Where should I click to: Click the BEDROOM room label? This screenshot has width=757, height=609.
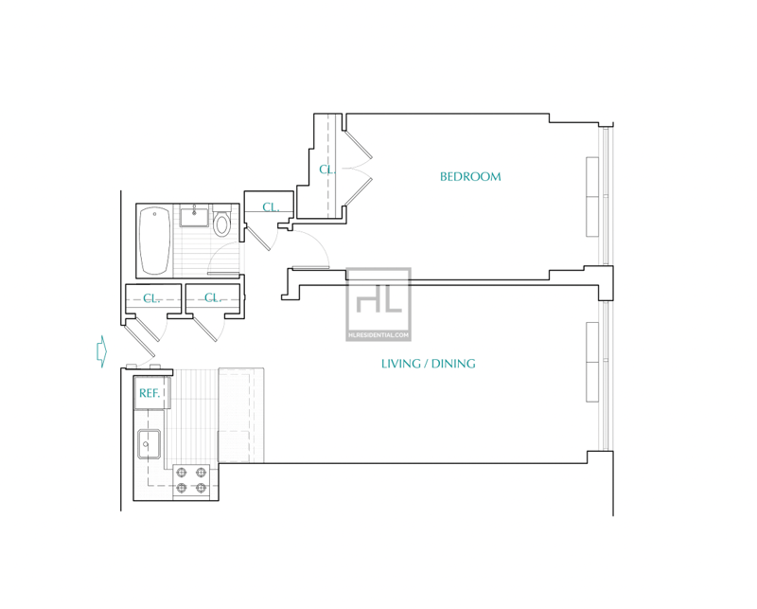470,177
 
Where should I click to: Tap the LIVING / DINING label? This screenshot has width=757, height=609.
429,364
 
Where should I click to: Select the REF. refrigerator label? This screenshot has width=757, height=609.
150,393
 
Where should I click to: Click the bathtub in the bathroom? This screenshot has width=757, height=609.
155,241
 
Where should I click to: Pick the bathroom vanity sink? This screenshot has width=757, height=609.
194,217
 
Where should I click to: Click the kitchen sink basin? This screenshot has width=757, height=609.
150,443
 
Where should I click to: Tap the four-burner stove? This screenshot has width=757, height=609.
191,480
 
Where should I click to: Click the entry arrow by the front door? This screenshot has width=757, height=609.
101,350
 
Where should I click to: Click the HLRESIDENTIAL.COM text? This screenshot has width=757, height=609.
378,335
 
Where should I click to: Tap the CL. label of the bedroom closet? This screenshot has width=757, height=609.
326,170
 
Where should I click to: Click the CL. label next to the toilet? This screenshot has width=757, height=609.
271,207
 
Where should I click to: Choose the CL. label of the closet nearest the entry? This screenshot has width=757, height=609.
151,298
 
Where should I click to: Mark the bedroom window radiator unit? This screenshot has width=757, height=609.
592,197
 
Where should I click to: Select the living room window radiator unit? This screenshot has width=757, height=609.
592,362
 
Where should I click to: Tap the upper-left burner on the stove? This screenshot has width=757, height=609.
182,473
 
